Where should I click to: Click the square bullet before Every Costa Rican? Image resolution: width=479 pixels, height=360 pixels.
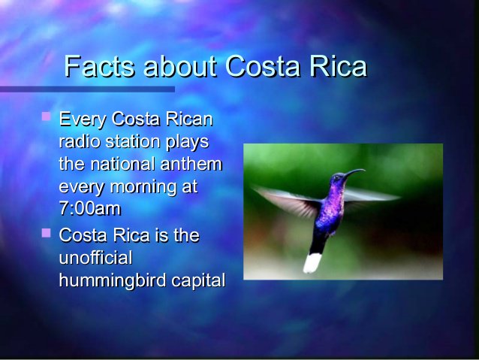coord(46,116)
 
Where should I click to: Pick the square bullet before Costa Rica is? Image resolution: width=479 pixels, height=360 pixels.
coord(46,233)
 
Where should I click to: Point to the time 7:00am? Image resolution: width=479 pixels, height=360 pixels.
coord(89,208)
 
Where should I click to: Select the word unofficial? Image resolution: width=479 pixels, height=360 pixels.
coord(95,258)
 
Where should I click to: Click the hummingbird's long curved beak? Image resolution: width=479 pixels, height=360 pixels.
coord(352,174)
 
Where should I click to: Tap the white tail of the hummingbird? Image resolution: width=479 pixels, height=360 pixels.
coord(312,262)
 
